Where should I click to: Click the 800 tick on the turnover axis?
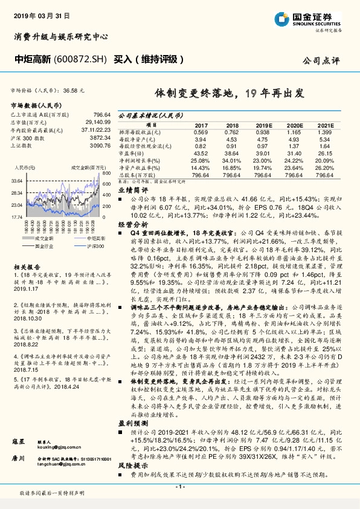click(x=106, y=173)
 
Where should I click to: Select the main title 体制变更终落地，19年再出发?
click(x=228, y=93)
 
